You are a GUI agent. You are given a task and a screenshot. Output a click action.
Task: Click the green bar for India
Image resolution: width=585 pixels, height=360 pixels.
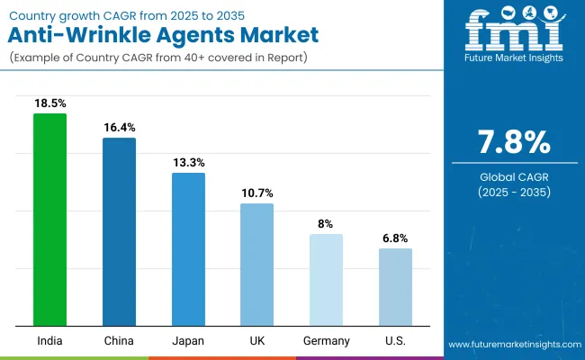click(x=49, y=220)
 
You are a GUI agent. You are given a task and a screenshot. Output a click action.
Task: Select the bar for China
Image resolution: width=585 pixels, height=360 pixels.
click(x=119, y=231)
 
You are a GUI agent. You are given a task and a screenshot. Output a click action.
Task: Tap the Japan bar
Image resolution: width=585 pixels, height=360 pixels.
click(x=188, y=249)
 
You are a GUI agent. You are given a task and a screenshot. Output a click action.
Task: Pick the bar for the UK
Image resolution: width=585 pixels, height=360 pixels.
click(x=256, y=265)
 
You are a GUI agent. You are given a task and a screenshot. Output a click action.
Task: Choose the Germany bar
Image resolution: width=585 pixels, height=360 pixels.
click(x=326, y=280)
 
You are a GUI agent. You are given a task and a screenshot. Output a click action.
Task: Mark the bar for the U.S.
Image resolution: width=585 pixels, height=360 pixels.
click(x=395, y=287)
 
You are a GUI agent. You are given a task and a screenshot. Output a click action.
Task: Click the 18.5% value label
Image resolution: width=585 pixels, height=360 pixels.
click(x=49, y=103)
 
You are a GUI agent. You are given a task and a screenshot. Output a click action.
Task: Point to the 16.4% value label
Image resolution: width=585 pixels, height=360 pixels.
click(x=119, y=128)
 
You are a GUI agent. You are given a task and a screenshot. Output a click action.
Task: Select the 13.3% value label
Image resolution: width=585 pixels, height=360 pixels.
click(x=188, y=163)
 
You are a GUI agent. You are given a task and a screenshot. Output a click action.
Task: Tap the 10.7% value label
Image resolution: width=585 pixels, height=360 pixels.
click(x=256, y=193)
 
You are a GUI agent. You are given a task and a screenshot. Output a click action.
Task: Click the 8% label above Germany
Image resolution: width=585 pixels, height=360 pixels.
click(x=326, y=224)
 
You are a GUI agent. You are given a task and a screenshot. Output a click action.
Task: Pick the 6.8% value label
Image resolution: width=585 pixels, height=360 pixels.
click(x=395, y=238)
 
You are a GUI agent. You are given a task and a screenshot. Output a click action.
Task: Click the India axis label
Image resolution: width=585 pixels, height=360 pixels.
click(x=49, y=340)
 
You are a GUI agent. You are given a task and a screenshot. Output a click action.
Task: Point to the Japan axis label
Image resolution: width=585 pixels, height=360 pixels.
click(x=188, y=340)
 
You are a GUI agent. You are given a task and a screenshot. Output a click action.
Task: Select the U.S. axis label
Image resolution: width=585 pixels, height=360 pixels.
click(x=395, y=340)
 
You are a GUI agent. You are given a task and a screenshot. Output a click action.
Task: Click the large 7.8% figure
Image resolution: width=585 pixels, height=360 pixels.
click(x=514, y=143)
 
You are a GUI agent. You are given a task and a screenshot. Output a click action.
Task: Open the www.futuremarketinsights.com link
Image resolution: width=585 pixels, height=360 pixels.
click(x=512, y=345)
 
